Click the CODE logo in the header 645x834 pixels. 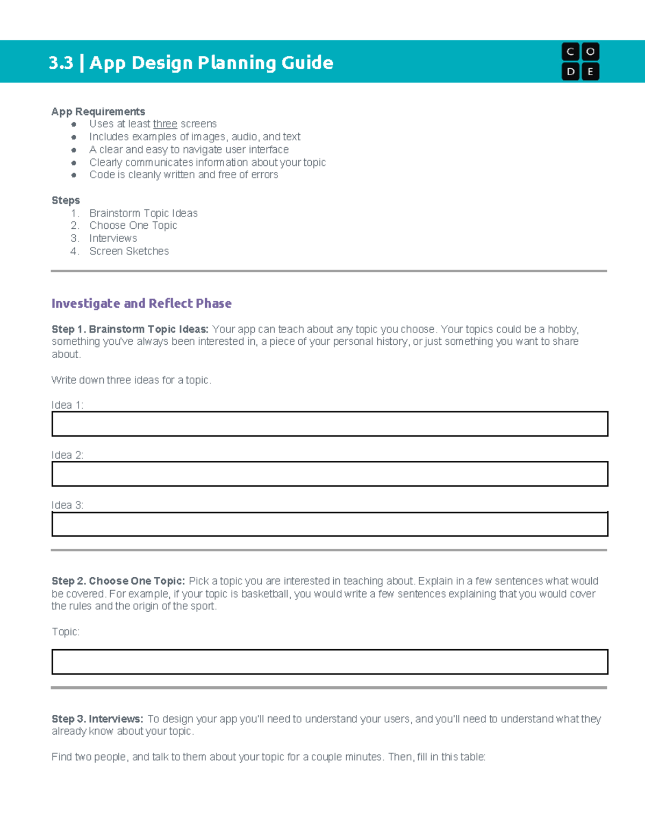pyautogui.click(x=580, y=61)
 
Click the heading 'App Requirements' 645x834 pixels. pyautogui.click(x=98, y=112)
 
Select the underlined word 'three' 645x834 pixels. pyautogui.click(x=165, y=124)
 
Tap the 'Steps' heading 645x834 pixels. pyautogui.click(x=66, y=200)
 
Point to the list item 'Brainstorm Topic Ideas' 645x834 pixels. pyautogui.click(x=144, y=213)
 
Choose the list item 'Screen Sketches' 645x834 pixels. pyautogui.click(x=129, y=251)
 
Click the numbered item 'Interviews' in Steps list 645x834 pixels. pyautogui.click(x=113, y=238)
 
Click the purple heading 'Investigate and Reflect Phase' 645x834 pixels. pyautogui.click(x=141, y=303)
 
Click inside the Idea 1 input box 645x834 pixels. pyautogui.click(x=329, y=424)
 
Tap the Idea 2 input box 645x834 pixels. pyautogui.click(x=329, y=474)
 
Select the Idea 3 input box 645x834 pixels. pyautogui.click(x=329, y=524)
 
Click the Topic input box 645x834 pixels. pyautogui.click(x=329, y=662)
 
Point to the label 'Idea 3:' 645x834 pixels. pyautogui.click(x=67, y=505)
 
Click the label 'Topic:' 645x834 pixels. pyautogui.click(x=66, y=632)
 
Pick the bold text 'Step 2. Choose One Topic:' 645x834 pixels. pyautogui.click(x=118, y=581)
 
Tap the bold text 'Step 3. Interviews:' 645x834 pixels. pyautogui.click(x=97, y=719)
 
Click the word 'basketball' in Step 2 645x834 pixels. pyautogui.click(x=265, y=594)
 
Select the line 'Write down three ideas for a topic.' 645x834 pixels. pyautogui.click(x=132, y=380)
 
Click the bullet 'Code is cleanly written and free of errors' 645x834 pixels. pyautogui.click(x=184, y=175)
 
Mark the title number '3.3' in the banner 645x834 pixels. pyautogui.click(x=61, y=63)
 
